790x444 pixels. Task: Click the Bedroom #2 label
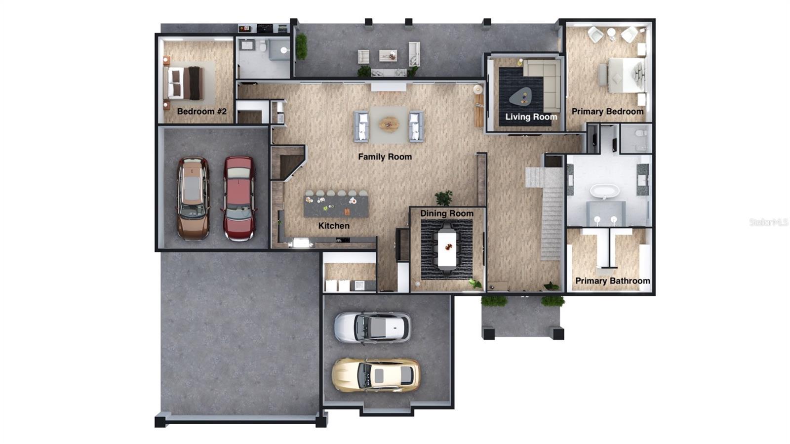201,112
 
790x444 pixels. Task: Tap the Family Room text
385,157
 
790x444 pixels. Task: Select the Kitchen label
334,226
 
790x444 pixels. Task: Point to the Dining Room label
447,213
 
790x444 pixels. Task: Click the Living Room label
531,117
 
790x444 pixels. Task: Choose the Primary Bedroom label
607,112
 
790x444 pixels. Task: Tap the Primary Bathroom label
612,281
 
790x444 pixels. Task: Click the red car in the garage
239,198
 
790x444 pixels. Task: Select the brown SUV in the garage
193,198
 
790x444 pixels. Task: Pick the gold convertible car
376,375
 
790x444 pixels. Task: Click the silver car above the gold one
372,327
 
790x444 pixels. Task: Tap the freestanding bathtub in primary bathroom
605,191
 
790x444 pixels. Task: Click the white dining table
447,248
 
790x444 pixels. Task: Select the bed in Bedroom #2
184,83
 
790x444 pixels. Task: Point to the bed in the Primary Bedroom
625,75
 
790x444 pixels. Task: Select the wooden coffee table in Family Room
389,123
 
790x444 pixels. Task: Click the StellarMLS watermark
768,222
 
